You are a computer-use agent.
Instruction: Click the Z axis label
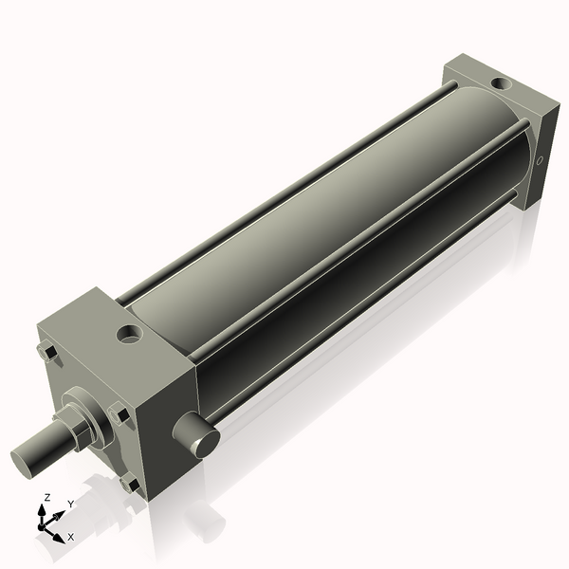click(x=46, y=497)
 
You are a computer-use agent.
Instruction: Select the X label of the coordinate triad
click(x=70, y=537)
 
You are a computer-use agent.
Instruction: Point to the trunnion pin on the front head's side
click(x=196, y=434)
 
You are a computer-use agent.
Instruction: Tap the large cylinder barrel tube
click(x=313, y=218)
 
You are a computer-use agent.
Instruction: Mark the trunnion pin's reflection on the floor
click(x=199, y=517)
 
